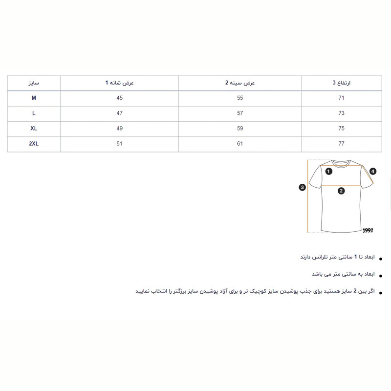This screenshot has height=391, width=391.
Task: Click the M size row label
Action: coord(34,98)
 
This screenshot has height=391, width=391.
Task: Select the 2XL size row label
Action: coord(34,144)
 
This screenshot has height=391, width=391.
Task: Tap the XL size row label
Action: coord(34,129)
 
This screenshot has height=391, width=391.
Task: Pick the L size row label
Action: coord(34,113)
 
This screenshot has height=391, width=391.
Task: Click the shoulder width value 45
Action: coord(120,98)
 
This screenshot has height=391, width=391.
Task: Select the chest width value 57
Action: coord(240,113)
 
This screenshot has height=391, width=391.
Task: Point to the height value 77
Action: coord(342,144)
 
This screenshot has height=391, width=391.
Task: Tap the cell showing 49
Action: coord(120,129)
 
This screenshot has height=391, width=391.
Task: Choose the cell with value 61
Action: coord(240,144)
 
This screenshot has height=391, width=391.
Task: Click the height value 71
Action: coord(342,98)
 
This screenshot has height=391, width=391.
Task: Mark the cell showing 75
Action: coord(342,129)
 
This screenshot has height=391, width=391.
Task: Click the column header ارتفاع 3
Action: coord(342,83)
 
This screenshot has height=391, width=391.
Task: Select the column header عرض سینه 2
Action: coord(240,83)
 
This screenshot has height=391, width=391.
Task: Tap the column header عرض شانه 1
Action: coord(120,83)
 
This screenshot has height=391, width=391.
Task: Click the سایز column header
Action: coord(34,83)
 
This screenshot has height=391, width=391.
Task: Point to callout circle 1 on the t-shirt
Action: coord(329,172)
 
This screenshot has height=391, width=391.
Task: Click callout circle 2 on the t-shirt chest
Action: coord(342,191)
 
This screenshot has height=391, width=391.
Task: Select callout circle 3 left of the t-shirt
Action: coord(303,187)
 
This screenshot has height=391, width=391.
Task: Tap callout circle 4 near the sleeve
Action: coord(373,172)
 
